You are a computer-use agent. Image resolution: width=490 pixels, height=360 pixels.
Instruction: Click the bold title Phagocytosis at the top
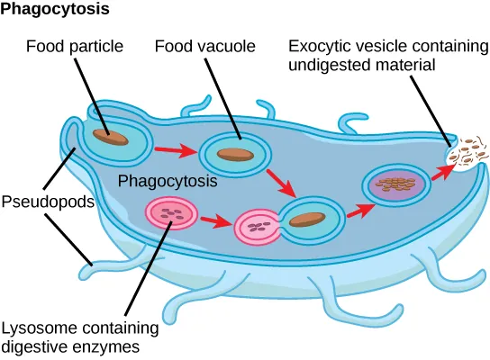[x=55, y=10]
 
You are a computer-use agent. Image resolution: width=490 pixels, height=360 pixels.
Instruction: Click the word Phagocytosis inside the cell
[x=168, y=180]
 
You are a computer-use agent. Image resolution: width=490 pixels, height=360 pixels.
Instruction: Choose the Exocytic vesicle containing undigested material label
[x=386, y=55]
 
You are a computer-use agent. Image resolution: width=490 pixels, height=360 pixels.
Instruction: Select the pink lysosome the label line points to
[x=168, y=214]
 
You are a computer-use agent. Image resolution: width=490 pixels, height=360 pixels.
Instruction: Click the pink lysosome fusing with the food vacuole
[x=258, y=227]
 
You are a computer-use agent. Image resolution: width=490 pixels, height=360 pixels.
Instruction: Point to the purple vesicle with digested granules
[x=392, y=185]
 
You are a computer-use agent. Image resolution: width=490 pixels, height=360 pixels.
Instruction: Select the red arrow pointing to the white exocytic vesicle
[x=441, y=172]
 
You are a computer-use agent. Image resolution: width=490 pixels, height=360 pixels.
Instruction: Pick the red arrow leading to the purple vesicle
[x=362, y=211]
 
